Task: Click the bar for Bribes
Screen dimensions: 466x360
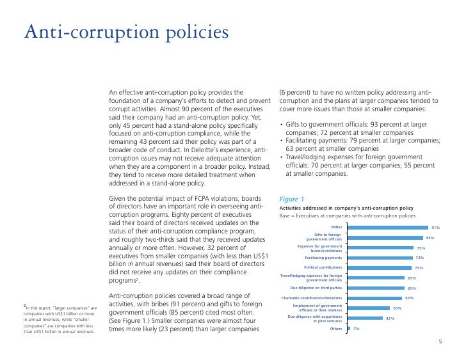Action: point(388,228)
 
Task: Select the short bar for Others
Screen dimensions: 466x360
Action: point(349,328)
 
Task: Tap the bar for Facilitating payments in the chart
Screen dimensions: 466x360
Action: point(380,258)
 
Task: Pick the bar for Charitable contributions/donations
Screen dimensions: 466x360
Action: point(374,298)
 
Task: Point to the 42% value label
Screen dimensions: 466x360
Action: point(390,318)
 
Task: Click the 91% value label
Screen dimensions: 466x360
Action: point(436,228)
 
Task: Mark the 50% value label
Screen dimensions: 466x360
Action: point(398,308)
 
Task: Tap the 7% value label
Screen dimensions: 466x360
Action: point(357,329)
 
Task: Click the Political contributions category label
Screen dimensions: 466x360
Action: point(323,267)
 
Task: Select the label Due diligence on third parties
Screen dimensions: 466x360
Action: point(316,288)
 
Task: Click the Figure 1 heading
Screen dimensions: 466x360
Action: point(291,199)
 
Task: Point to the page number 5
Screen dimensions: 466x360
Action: point(440,341)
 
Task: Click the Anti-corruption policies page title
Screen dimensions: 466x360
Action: point(127,32)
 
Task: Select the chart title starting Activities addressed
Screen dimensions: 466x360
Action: point(346,208)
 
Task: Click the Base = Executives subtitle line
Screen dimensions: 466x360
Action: point(348,215)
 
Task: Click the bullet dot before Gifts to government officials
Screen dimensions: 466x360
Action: point(282,124)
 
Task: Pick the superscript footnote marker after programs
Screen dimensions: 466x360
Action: point(137,279)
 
